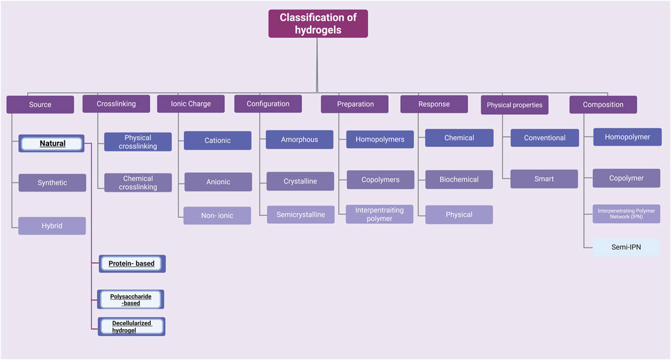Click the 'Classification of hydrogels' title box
(x=318, y=23)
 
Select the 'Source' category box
(x=40, y=104)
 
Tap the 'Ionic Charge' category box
(x=191, y=104)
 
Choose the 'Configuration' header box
(x=268, y=104)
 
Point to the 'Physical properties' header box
(x=514, y=105)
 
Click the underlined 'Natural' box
(x=52, y=144)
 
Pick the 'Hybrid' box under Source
(x=52, y=226)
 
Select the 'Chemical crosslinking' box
(x=138, y=183)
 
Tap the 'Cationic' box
(x=217, y=141)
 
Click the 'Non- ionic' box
(x=217, y=216)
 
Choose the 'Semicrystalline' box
(x=301, y=215)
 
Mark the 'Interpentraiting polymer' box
(x=380, y=214)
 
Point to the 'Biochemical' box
(x=459, y=180)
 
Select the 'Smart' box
(x=544, y=179)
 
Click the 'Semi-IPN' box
(x=626, y=247)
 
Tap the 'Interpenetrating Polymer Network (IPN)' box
(x=626, y=214)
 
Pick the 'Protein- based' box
(x=132, y=264)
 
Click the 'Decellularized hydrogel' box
(x=132, y=327)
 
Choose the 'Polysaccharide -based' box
(x=132, y=299)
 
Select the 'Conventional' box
(x=544, y=137)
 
